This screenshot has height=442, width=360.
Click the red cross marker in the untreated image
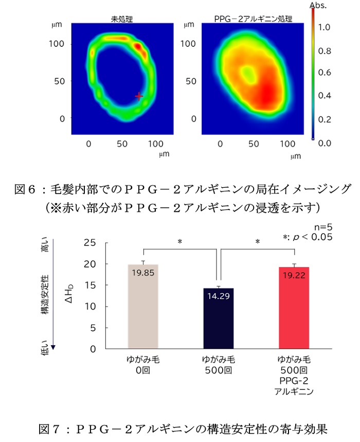point(138,96)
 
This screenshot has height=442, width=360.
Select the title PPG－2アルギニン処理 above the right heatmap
point(253,19)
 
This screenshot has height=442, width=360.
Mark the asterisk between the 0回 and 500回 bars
point(181,241)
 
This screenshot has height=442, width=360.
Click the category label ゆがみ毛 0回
point(142,364)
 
